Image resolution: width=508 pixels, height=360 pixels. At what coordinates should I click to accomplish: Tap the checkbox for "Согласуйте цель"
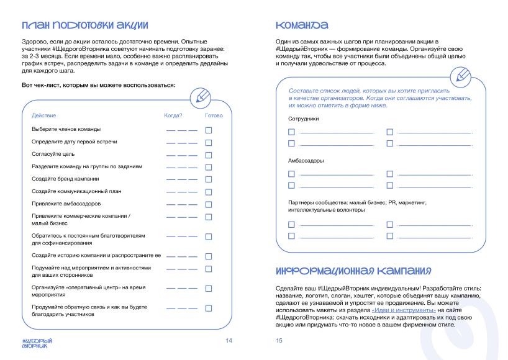point(209,155)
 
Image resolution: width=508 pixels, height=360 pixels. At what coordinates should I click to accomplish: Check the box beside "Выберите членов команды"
point(209,130)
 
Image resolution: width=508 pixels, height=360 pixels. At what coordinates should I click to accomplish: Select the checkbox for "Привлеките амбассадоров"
point(209,204)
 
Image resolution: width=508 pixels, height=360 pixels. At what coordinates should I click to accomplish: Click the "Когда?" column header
point(173,115)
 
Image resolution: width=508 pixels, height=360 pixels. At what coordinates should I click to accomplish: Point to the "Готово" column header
point(213,115)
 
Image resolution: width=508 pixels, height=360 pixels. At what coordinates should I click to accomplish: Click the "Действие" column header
point(42,115)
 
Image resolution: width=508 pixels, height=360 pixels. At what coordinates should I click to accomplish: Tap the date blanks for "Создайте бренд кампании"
point(181,179)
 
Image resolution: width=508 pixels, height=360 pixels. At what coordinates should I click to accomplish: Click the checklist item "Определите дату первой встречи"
point(74,142)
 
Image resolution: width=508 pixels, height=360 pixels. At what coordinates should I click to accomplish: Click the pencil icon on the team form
point(463,76)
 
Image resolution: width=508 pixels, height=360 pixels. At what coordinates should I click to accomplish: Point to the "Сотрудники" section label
point(304,119)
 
